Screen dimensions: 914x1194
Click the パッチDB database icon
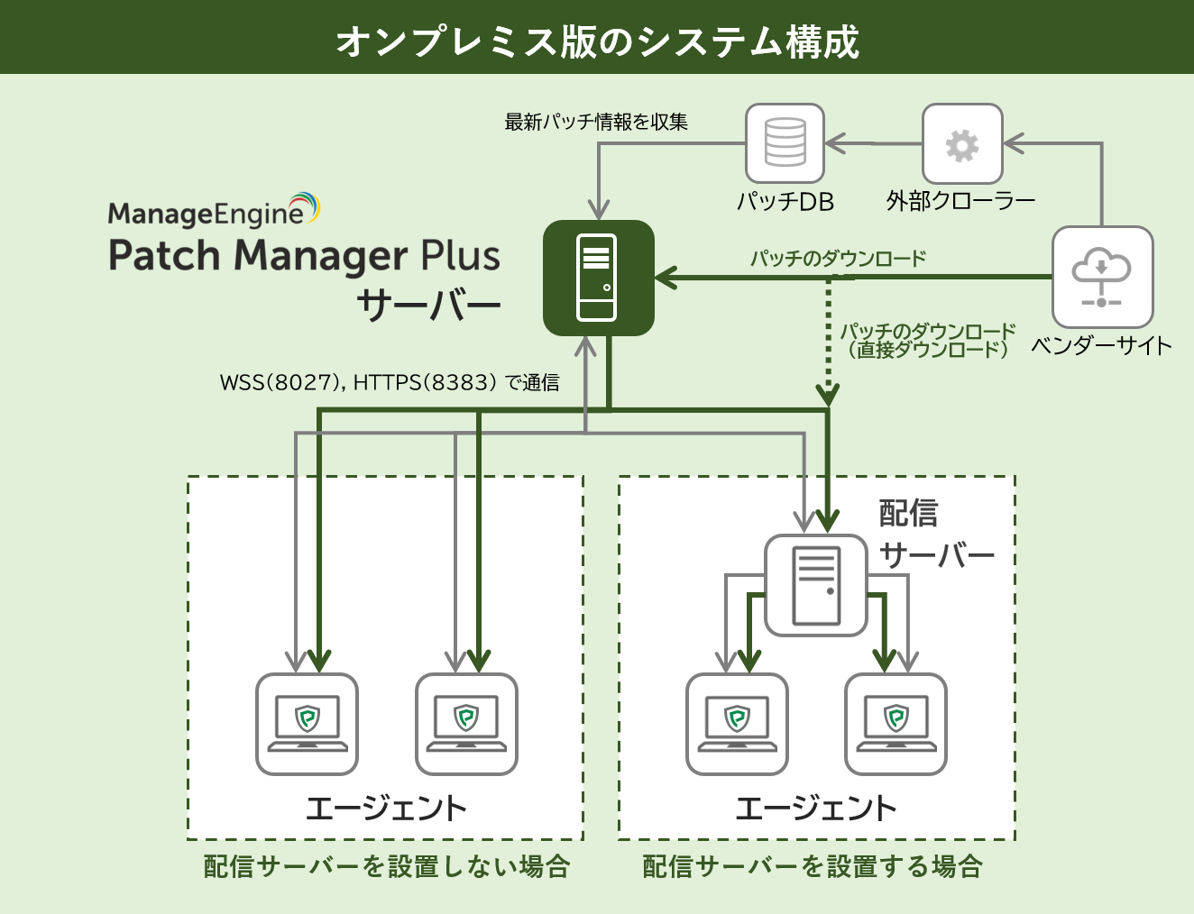(785, 143)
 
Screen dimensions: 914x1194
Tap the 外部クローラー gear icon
(962, 144)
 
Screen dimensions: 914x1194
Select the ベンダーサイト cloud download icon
(1102, 277)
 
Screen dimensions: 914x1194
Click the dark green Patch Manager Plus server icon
(598, 278)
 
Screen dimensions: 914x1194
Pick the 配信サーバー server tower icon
(815, 585)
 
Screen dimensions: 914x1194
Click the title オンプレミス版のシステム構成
(597, 41)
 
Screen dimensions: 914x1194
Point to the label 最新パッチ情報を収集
(596, 122)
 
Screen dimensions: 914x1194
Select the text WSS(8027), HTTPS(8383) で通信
(390, 383)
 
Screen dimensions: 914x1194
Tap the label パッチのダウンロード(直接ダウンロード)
(927, 341)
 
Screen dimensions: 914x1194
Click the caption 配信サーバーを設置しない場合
(387, 866)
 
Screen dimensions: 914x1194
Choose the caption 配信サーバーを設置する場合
(813, 866)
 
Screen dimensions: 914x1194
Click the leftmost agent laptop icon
(308, 724)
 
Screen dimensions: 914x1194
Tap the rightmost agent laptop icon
(895, 724)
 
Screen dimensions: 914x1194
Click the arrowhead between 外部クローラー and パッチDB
(835, 143)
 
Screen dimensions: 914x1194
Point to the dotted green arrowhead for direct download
(828, 394)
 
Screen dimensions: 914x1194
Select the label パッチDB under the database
(785, 201)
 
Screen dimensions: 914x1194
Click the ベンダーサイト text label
(1101, 345)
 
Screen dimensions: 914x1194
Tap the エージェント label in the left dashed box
(386, 808)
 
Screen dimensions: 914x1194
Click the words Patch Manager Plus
(304, 255)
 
